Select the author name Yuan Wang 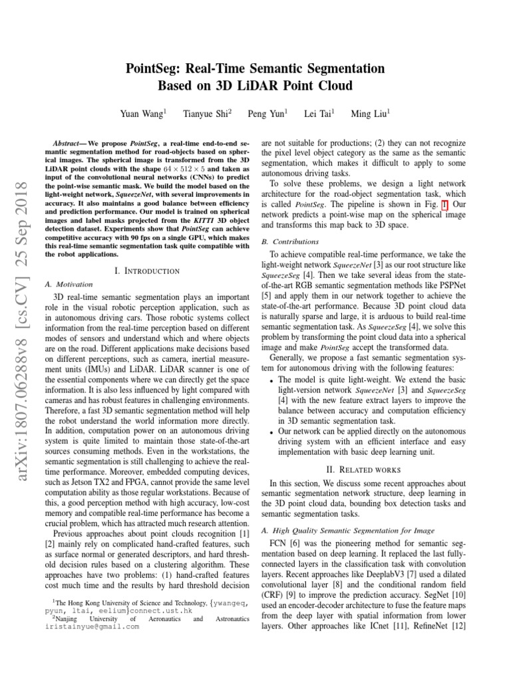click(x=142, y=114)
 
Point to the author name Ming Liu click(x=370, y=114)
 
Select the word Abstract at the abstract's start click(x=67, y=143)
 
